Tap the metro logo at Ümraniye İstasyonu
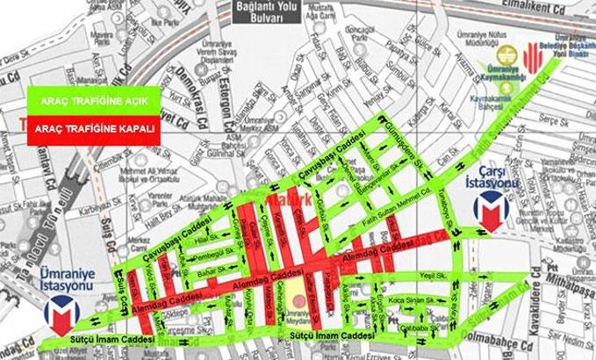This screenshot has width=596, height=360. (x=61, y=313)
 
